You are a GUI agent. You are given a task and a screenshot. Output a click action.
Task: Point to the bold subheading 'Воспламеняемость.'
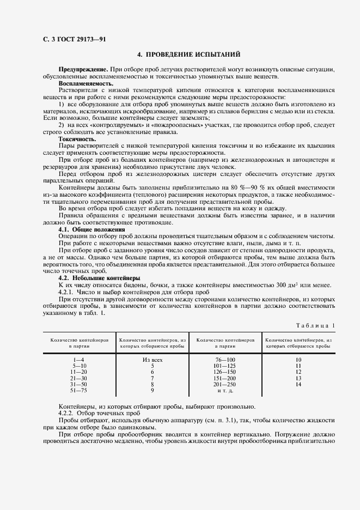[86, 84]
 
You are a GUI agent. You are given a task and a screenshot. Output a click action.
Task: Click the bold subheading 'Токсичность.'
[77, 139]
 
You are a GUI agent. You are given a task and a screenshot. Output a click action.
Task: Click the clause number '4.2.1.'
[68, 292]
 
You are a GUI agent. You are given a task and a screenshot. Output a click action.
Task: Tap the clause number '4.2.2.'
[68, 413]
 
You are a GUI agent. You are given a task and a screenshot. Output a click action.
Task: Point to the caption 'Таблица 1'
[316, 325]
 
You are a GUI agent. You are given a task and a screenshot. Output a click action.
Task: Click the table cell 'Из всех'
[152, 360]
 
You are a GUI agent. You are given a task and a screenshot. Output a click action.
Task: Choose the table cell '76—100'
[224, 360]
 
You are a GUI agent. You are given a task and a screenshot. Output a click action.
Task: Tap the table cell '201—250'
[224, 384]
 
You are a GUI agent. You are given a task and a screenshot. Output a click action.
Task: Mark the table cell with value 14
[298, 384]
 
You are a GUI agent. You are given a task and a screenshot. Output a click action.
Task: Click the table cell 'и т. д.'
[224, 391]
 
